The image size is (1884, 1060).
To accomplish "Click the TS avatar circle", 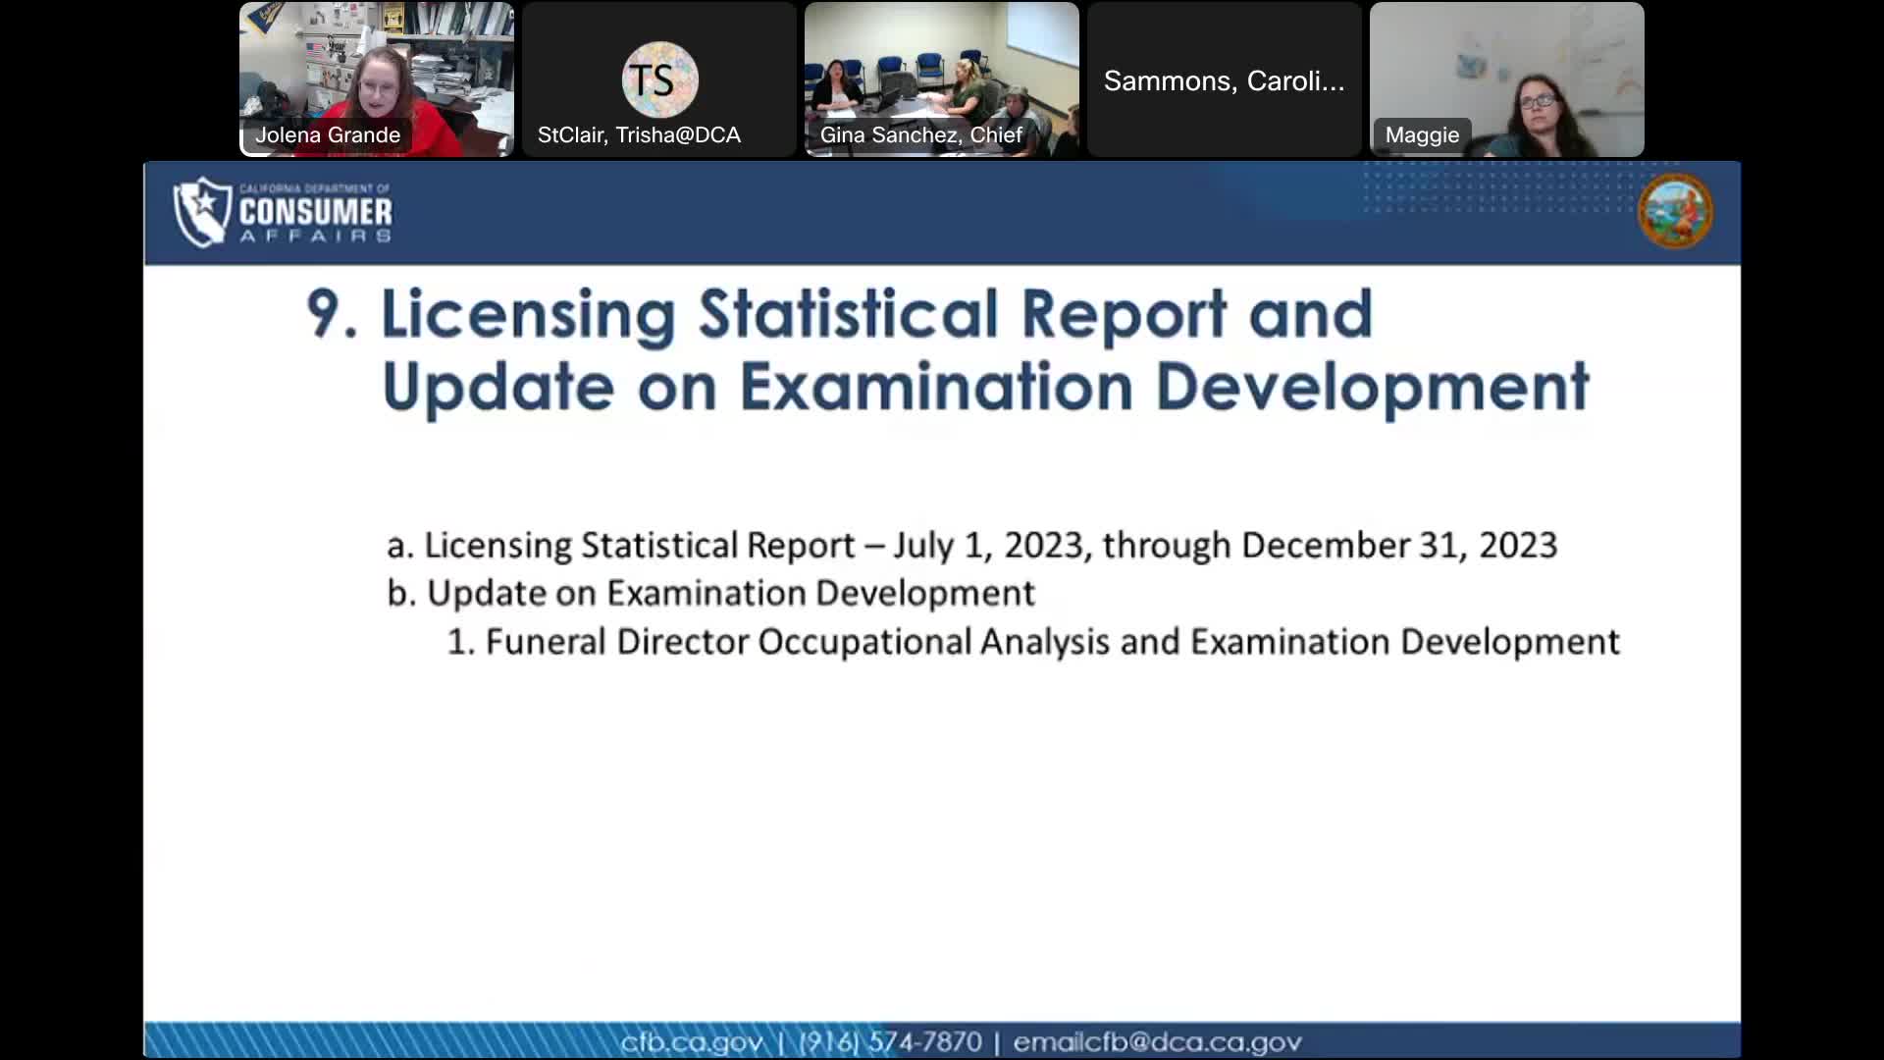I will [659, 79].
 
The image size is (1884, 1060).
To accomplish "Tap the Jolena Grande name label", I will [328, 135].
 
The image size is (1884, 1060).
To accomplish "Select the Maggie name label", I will [1422, 135].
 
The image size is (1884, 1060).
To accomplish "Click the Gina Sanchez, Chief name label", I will [920, 135].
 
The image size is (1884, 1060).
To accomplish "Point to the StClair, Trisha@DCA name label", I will [639, 135].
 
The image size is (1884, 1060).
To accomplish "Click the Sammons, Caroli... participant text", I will [1224, 80].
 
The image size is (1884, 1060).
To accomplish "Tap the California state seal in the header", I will [1675, 211].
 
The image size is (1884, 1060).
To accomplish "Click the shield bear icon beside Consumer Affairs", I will [202, 211].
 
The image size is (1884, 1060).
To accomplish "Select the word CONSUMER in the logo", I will [315, 211].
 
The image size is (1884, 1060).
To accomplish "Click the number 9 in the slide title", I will [330, 314].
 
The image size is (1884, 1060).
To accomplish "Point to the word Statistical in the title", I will [848, 314].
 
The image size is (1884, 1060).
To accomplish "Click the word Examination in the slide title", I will [936, 387].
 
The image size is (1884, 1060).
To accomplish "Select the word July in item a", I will [922, 546].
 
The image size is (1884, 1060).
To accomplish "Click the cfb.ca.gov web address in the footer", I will [691, 1041].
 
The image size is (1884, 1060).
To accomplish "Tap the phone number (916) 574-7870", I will [890, 1041].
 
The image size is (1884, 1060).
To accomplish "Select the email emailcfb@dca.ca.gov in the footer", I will [1157, 1041].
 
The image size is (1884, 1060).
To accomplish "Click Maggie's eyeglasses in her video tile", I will [1536, 100].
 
